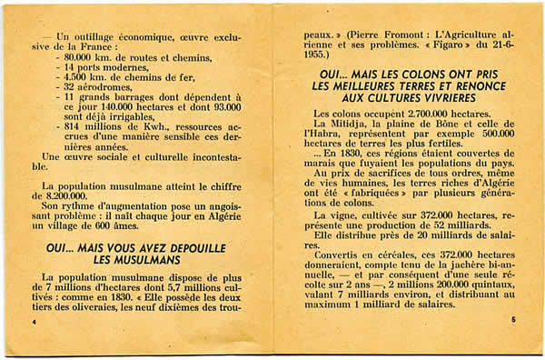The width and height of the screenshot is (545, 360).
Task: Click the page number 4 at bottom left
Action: point(34,323)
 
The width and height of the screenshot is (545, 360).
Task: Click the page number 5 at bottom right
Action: point(512,320)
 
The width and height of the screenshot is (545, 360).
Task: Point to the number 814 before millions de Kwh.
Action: point(74,127)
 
